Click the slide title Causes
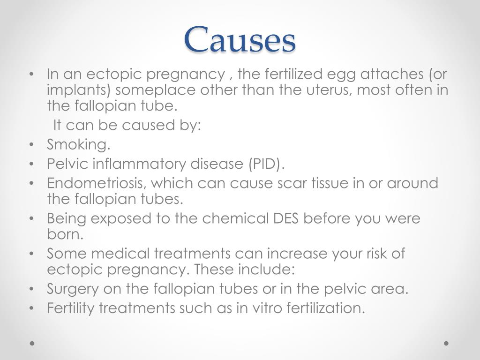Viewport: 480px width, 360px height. [240, 39]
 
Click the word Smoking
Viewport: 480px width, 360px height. [78, 145]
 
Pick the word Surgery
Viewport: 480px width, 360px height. [73, 289]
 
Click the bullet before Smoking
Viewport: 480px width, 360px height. [31, 145]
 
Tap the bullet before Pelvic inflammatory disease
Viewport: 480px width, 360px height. [31, 164]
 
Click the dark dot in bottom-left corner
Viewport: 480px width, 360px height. [32, 343]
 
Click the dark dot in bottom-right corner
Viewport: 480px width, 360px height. [446, 343]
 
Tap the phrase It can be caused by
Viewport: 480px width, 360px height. [127, 126]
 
